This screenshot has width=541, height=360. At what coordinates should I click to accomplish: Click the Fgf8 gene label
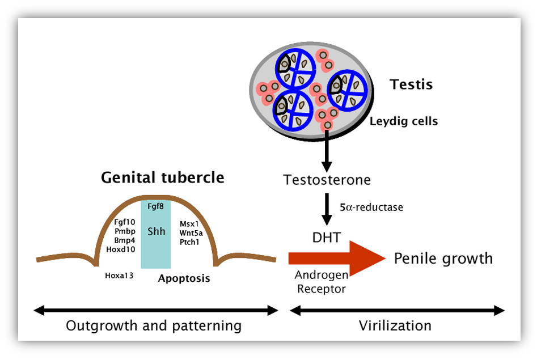click(156, 206)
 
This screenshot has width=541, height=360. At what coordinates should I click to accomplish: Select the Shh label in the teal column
click(156, 231)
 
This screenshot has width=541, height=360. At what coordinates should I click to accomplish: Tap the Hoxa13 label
click(119, 276)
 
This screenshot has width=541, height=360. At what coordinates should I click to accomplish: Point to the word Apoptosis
click(184, 278)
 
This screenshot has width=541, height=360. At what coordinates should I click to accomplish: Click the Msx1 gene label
click(188, 223)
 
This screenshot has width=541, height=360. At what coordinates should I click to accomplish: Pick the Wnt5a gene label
click(191, 232)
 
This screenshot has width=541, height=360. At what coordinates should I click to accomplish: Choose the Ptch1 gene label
click(189, 242)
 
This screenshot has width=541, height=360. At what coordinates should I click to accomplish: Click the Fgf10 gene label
click(125, 222)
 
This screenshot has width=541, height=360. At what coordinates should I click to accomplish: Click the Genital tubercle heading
click(162, 177)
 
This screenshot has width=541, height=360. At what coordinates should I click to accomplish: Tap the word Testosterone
click(327, 180)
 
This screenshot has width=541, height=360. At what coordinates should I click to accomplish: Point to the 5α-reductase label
click(371, 207)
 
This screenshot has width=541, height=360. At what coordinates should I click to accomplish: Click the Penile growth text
click(443, 259)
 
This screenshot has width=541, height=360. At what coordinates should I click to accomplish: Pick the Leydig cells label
click(404, 121)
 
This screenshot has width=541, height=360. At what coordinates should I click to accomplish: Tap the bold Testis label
click(411, 85)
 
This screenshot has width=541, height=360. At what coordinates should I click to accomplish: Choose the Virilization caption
click(395, 326)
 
